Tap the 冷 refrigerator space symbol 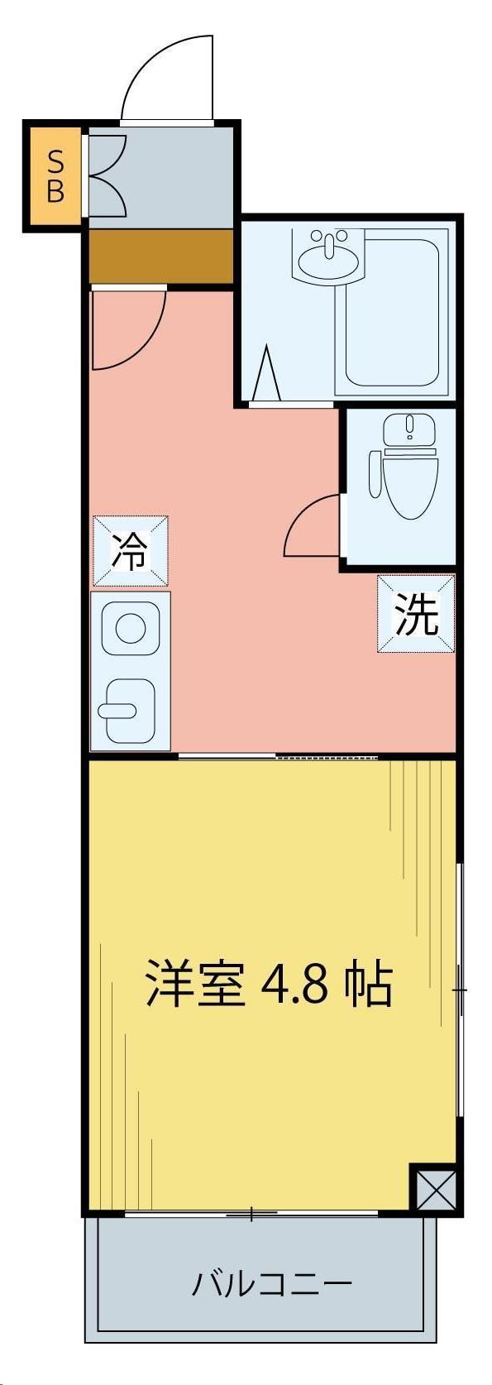[131, 551]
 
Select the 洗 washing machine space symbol [416, 614]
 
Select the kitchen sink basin [130, 711]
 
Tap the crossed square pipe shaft [433, 1189]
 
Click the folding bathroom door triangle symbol [266, 376]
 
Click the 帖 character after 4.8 [367, 983]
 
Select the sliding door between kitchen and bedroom [277, 757]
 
